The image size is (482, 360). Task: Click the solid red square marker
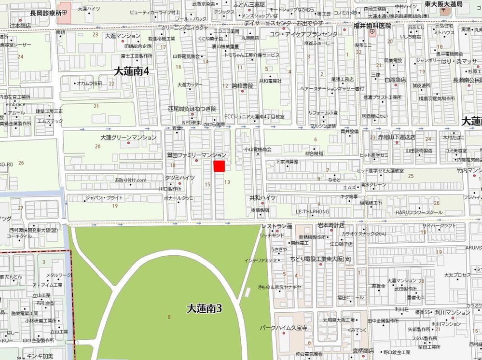220,166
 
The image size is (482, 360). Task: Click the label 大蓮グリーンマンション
128,138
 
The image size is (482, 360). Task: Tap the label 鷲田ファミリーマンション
196,155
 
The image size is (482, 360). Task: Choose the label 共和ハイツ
262,198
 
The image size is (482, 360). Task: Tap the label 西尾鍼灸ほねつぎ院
192,109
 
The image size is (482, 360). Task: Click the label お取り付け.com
130,180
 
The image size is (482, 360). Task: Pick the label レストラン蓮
277,226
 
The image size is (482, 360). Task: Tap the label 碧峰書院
242,85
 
